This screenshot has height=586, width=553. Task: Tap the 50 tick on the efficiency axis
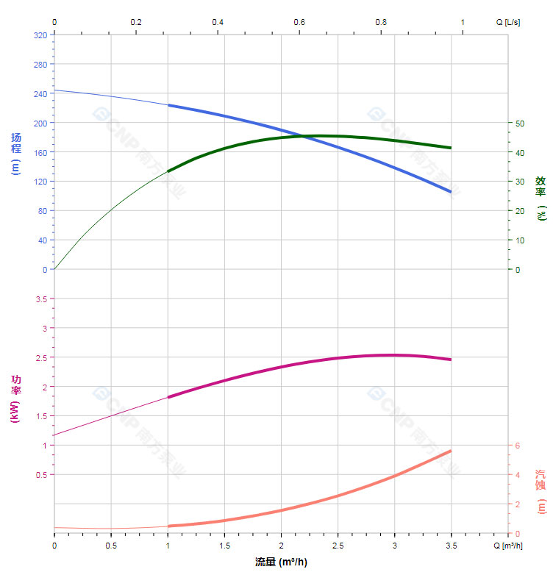pyautogui.click(x=519, y=123)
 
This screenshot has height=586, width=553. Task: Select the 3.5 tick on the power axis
pyautogui.click(x=41, y=299)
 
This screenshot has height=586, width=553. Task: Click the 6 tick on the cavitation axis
pyautogui.click(x=517, y=446)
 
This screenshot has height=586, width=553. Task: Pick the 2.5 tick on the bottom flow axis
pyautogui.click(x=338, y=546)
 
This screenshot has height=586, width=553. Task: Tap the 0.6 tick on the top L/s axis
pyautogui.click(x=299, y=22)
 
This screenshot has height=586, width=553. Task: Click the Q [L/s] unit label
pyautogui.click(x=508, y=22)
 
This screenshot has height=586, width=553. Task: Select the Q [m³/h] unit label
pyautogui.click(x=508, y=546)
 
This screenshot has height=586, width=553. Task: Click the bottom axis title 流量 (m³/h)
pyautogui.click(x=281, y=562)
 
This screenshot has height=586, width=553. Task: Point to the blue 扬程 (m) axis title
pyautogui.click(x=15, y=153)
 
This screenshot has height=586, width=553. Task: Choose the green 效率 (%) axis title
pyautogui.click(x=540, y=198)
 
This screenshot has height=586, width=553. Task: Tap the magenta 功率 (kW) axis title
pyautogui.click(x=15, y=399)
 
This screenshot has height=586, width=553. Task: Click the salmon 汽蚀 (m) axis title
pyautogui.click(x=540, y=491)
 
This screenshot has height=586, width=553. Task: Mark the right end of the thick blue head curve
pyautogui.click(x=451, y=192)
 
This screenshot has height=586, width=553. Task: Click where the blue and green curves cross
pyautogui.click(x=303, y=136)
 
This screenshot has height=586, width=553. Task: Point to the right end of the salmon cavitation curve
pyautogui.click(x=451, y=451)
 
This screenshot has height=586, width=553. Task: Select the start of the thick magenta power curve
pyautogui.click(x=168, y=397)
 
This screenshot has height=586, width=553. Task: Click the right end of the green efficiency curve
pyautogui.click(x=451, y=148)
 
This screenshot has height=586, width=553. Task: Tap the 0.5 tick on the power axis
pyautogui.click(x=41, y=474)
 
